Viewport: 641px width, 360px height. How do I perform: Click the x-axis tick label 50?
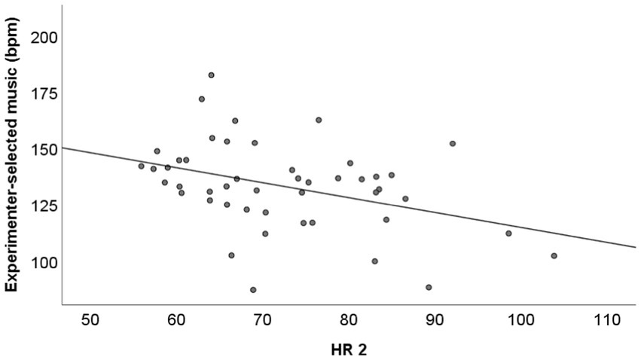(90, 320)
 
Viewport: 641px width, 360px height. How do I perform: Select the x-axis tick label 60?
(176, 320)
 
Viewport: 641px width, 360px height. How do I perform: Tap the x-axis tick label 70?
(262, 320)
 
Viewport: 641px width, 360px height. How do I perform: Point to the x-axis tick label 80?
(348, 320)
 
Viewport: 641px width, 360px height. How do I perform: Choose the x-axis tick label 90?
(435, 320)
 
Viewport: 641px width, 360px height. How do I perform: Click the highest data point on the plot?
(211, 75)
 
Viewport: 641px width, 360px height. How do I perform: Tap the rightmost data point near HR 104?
(554, 256)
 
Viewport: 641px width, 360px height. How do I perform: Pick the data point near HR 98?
(508, 233)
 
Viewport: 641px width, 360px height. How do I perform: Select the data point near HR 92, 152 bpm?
(453, 143)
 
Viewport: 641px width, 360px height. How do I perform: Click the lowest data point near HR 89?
(429, 287)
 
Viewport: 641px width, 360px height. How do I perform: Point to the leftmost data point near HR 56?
(141, 166)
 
